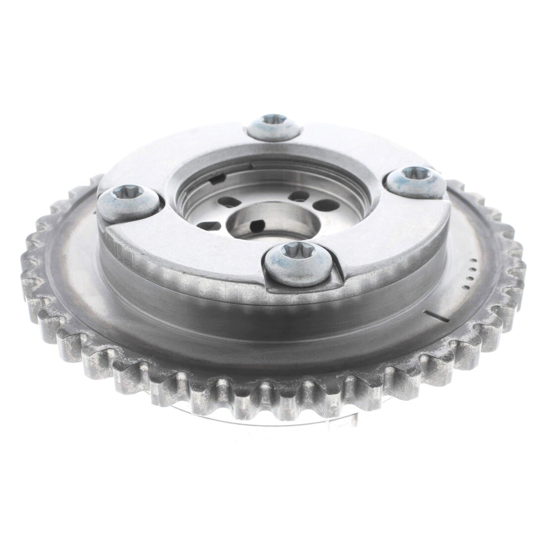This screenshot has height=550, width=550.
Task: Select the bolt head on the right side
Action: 415,181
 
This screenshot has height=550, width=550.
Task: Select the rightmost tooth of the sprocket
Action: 520,277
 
